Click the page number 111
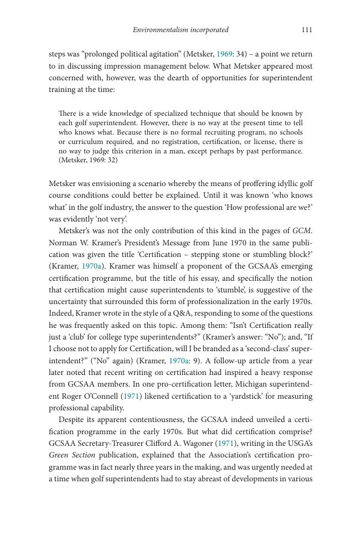[x=307, y=30]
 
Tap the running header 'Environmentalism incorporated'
[x=181, y=30]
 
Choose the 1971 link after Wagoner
[x=226, y=444]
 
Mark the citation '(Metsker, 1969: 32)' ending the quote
[x=88, y=160]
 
